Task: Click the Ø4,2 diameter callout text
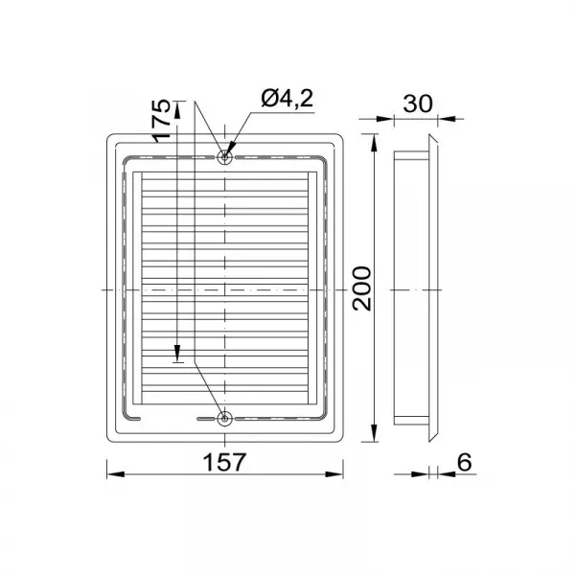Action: click(x=287, y=99)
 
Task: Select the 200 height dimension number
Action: click(x=361, y=288)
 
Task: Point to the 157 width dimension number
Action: click(x=224, y=462)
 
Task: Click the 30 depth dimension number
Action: click(x=418, y=103)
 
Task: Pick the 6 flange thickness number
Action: click(x=464, y=462)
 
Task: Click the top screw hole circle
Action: click(x=224, y=158)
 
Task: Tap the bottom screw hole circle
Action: click(x=224, y=419)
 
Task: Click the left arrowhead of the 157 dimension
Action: click(x=116, y=474)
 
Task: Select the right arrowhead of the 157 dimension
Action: click(x=334, y=474)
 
